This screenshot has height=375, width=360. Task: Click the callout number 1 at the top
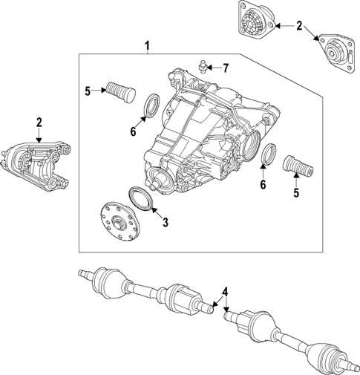click(147, 48)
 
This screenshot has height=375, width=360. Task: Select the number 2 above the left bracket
click(39, 121)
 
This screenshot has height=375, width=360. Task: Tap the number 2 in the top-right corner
click(298, 26)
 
